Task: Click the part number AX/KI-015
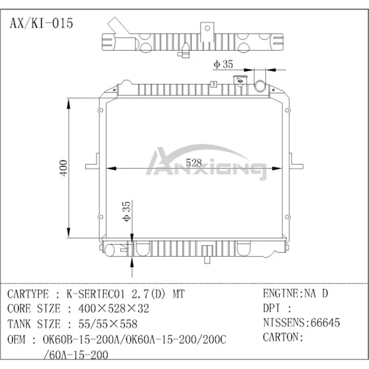coord(41,23)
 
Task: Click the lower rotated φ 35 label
coord(125,211)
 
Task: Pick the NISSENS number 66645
coord(323,323)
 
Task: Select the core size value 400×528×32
coord(108,308)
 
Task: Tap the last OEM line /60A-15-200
coord(76,354)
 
